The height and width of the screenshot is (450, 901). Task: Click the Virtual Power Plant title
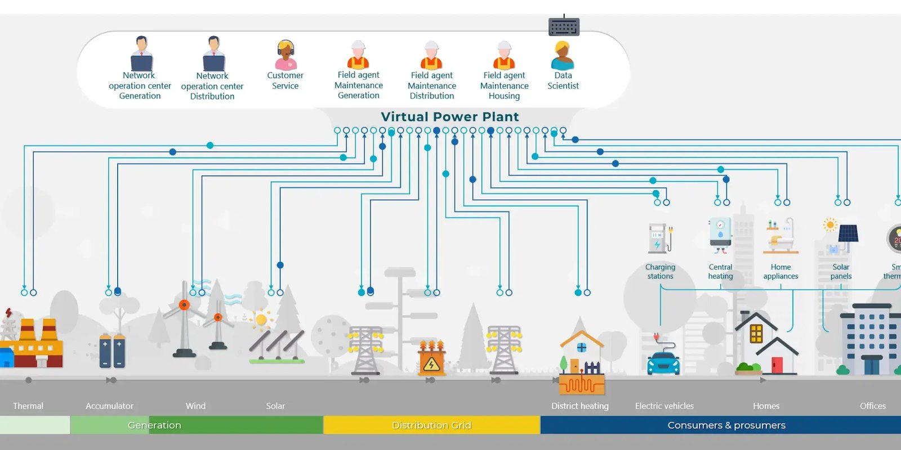coord(449,116)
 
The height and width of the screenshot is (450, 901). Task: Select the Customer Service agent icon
coord(286,55)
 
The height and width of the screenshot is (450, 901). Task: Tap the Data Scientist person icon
coord(563,56)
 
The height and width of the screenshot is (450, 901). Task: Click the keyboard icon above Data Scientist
coord(564,26)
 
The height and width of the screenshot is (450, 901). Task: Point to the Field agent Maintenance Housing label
coord(504,85)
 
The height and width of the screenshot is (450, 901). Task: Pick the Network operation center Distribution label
coord(212,86)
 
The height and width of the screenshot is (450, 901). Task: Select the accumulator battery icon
coord(111,350)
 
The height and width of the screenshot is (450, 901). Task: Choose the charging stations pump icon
coord(659,238)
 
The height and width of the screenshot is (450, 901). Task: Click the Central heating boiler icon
coord(720,234)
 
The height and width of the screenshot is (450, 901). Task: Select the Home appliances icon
coord(781,237)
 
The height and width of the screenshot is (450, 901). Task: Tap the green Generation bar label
coord(154,425)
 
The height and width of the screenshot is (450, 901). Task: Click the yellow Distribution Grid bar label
coord(431,425)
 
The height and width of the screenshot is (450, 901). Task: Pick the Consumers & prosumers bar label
coord(726,425)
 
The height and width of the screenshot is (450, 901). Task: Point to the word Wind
coord(195,406)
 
